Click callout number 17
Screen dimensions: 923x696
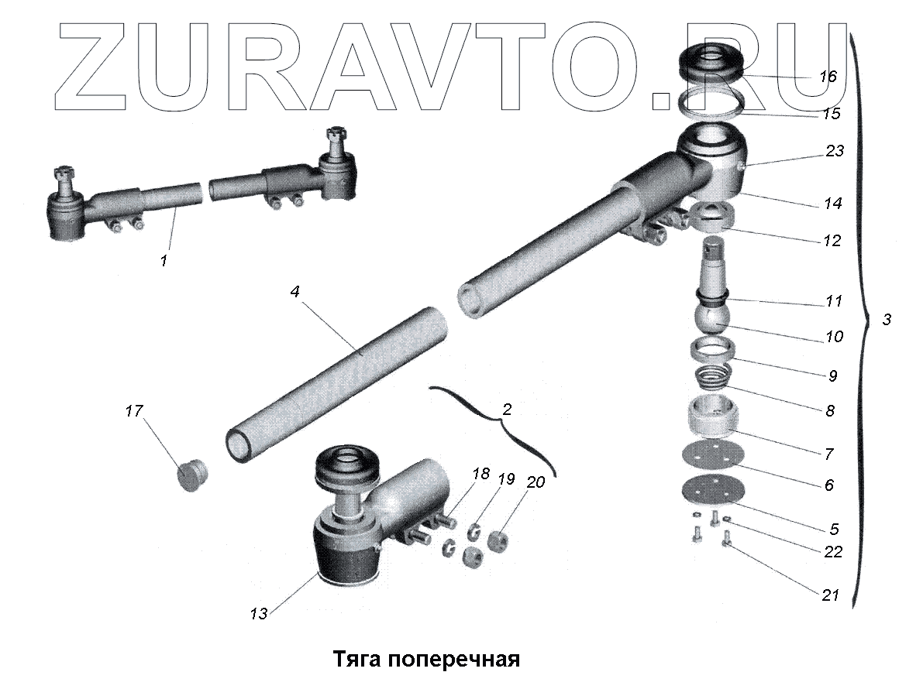pyautogui.click(x=133, y=410)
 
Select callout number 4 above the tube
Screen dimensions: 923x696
pyautogui.click(x=295, y=293)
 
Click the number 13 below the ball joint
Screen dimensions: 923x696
pyautogui.click(x=258, y=613)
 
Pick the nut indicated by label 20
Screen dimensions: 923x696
pyautogui.click(x=498, y=540)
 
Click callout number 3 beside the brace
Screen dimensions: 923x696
pyautogui.click(x=887, y=319)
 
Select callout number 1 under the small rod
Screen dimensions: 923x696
pyautogui.click(x=164, y=261)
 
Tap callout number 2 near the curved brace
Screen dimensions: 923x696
pyautogui.click(x=507, y=410)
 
